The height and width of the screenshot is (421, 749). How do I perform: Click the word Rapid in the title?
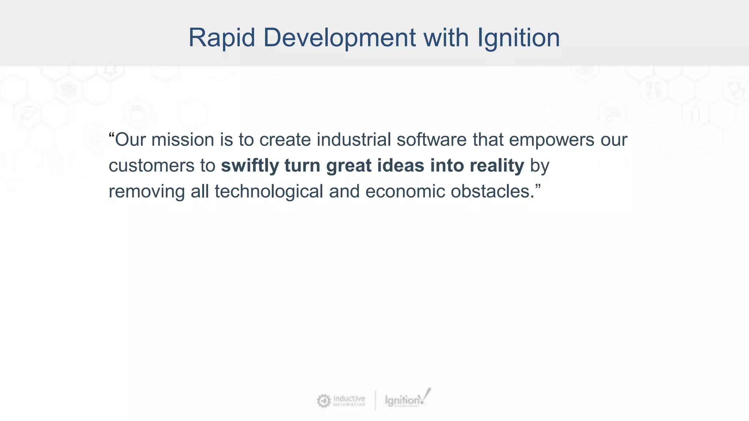pyautogui.click(x=221, y=38)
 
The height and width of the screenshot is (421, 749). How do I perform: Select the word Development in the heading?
pyautogui.click(x=339, y=38)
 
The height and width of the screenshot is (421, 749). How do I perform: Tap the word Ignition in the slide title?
pyautogui.click(x=518, y=38)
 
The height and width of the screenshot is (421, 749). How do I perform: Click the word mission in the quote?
pyautogui.click(x=182, y=140)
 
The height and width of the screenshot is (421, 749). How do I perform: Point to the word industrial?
pyautogui.click(x=354, y=140)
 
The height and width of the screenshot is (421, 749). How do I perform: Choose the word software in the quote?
pyautogui.click(x=432, y=140)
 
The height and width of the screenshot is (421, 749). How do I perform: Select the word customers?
pyautogui.click(x=151, y=166)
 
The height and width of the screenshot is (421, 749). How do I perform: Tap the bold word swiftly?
pyautogui.click(x=250, y=166)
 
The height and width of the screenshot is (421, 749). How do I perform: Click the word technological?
pyautogui.click(x=269, y=191)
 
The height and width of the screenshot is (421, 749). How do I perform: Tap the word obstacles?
pyautogui.click(x=493, y=191)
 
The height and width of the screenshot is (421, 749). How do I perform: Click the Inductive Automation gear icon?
pyautogui.click(x=324, y=401)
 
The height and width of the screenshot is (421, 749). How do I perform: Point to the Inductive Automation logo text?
pyautogui.click(x=349, y=400)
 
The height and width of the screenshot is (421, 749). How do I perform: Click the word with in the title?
pyautogui.click(x=446, y=38)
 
